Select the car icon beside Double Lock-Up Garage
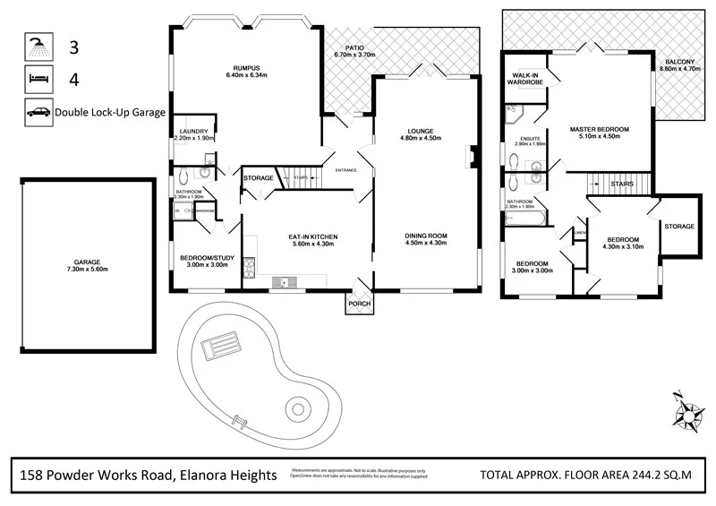point(38,113)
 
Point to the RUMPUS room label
point(247,68)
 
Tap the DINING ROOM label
point(425,236)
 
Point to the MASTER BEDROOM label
point(600,130)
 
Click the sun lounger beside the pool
point(221,344)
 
